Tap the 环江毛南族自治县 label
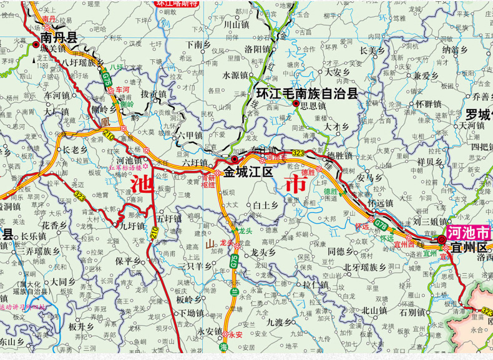click(x=307, y=94)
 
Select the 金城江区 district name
click(x=248, y=172)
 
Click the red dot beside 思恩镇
click(x=295, y=104)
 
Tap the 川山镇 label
click(x=237, y=24)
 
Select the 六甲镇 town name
click(x=190, y=135)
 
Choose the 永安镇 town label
click(x=210, y=331)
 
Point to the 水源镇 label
click(x=235, y=75)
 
